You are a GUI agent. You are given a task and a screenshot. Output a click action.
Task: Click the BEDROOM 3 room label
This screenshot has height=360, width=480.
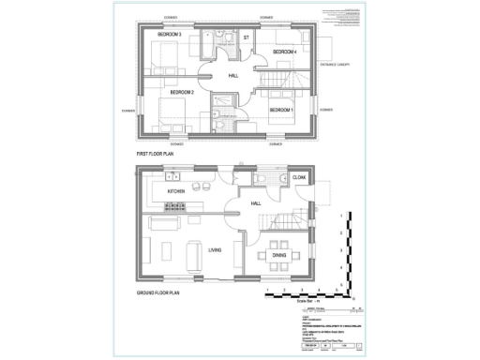(169, 35)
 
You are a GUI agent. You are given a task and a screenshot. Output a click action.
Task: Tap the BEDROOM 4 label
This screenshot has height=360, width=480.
(284, 52)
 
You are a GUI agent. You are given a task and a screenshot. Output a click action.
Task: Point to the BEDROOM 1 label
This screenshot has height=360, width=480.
(281, 111)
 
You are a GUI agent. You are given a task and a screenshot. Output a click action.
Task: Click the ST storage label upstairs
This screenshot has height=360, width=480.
(246, 37)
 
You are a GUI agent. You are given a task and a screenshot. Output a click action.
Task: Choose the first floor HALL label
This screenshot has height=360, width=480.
(233, 76)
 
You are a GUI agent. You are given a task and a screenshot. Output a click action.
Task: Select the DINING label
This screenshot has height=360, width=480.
(278, 254)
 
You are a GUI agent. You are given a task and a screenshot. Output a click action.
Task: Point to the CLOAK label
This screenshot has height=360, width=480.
(300, 177)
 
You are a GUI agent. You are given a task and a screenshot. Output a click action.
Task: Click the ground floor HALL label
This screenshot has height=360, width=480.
(255, 202)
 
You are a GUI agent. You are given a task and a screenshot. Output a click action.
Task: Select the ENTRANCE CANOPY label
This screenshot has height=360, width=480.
(334, 64)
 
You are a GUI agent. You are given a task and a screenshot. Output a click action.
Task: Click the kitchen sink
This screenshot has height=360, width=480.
(172, 175)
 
